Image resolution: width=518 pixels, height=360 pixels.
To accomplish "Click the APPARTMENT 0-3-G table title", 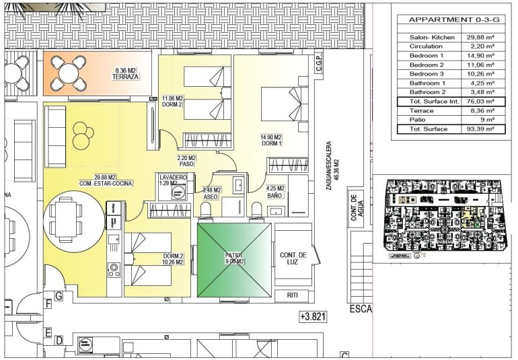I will (x=449, y=20).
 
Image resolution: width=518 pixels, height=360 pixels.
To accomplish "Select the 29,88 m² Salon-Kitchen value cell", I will (x=480, y=37).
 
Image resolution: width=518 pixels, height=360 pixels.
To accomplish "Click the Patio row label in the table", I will (x=418, y=119).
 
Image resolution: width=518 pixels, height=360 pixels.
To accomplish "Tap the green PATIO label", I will (x=233, y=258).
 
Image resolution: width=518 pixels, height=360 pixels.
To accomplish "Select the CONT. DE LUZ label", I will (x=293, y=258).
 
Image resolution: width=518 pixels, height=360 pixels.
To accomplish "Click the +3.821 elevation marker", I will (x=311, y=316).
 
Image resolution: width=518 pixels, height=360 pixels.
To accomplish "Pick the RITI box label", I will (x=292, y=295).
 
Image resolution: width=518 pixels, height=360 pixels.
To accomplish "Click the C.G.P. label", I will (x=320, y=65).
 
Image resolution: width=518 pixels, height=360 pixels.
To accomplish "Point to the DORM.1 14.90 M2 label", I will (x=270, y=140).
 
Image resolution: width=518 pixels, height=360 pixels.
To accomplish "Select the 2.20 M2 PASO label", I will (x=186, y=160).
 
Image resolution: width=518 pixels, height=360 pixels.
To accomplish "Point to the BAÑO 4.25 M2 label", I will (x=276, y=192).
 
